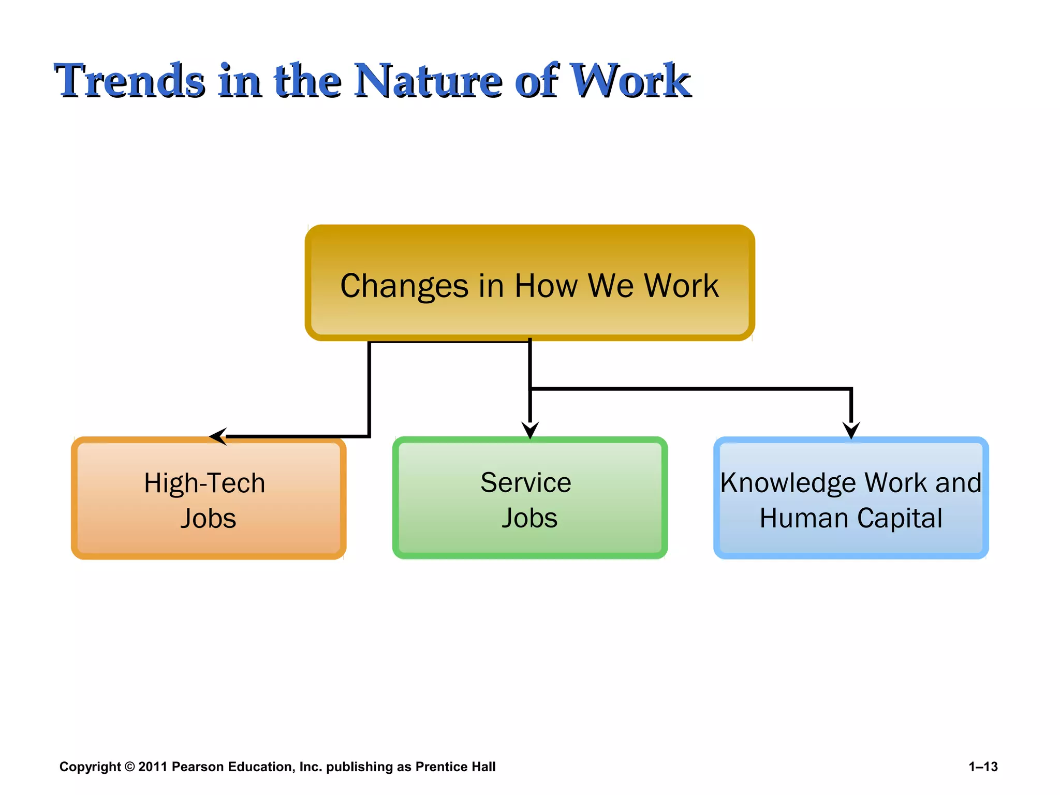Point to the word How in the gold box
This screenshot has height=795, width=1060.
(x=546, y=286)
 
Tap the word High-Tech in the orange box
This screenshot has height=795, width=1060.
(x=204, y=483)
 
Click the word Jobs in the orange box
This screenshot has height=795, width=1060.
(x=208, y=519)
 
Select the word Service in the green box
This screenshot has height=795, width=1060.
(x=525, y=483)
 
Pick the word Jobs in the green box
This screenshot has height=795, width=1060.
(x=529, y=518)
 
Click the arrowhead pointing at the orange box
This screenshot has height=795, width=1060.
(x=218, y=436)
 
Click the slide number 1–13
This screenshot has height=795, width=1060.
(x=983, y=767)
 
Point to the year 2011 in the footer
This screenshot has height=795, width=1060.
(x=153, y=767)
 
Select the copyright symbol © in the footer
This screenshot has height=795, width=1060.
(x=129, y=767)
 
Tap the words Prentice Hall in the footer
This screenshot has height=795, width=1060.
(x=455, y=767)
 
